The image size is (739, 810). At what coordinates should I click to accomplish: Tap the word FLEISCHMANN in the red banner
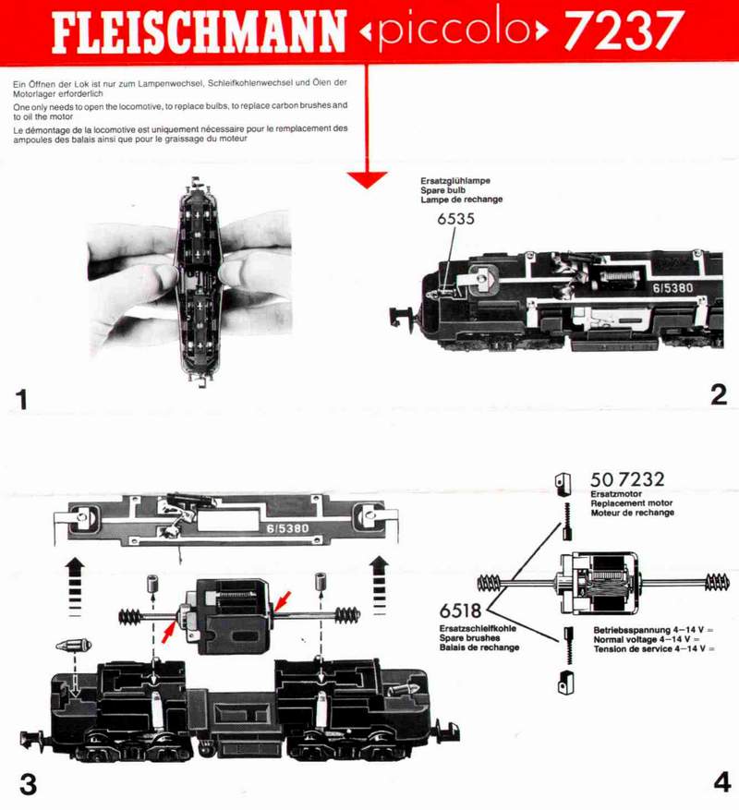click(x=199, y=31)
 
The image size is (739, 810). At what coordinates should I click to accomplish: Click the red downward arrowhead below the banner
click(x=367, y=180)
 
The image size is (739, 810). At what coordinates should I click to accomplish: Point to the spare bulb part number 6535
click(x=455, y=219)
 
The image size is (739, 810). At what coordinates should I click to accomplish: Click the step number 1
click(x=21, y=400)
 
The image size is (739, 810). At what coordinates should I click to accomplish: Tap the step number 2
click(x=719, y=395)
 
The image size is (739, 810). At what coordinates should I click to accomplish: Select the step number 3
click(x=28, y=784)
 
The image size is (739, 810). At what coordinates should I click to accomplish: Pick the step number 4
click(x=722, y=782)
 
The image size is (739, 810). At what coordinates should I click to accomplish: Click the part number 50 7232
click(x=627, y=479)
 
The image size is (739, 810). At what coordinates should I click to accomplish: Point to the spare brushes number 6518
click(x=460, y=611)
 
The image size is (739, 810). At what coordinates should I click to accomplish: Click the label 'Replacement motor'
click(x=632, y=503)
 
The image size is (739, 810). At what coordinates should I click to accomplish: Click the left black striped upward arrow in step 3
click(x=76, y=586)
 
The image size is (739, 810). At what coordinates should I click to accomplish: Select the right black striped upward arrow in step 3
click(x=380, y=585)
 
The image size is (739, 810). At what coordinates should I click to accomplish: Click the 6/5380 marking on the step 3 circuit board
click(x=287, y=528)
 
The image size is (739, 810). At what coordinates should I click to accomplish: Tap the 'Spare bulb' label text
click(x=442, y=190)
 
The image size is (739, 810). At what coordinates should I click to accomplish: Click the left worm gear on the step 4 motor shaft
click(x=489, y=583)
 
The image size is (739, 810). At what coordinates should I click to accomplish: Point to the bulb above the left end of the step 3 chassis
click(x=73, y=646)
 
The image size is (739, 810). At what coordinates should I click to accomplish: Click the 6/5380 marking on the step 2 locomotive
click(x=672, y=288)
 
